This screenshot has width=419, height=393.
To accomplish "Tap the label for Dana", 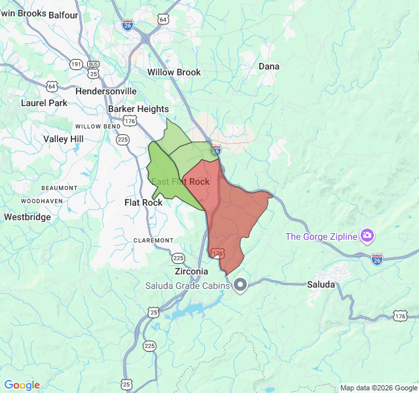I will coord(268,66).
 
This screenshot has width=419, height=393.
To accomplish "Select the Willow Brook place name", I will coord(174,72).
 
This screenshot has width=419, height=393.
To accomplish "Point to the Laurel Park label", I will coord(44,103).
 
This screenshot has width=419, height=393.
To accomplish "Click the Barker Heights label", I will coord(139,109).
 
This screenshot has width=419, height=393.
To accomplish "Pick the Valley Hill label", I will coord(64,139).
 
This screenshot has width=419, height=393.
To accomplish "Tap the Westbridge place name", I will coord(27,216).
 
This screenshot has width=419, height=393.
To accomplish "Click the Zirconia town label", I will coord(191,271).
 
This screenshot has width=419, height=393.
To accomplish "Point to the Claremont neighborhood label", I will coord(153,240).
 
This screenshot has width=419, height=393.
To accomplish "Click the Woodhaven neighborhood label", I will coord(42,200).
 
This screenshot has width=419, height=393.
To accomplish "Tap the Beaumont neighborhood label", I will coord(59,187).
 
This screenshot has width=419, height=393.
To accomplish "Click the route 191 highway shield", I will coord(76,64).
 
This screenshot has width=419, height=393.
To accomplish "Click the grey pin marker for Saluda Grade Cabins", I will coord(240,285).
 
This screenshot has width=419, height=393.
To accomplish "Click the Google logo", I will coord(22,385).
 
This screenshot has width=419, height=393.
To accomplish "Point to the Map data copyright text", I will coord(378,388).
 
